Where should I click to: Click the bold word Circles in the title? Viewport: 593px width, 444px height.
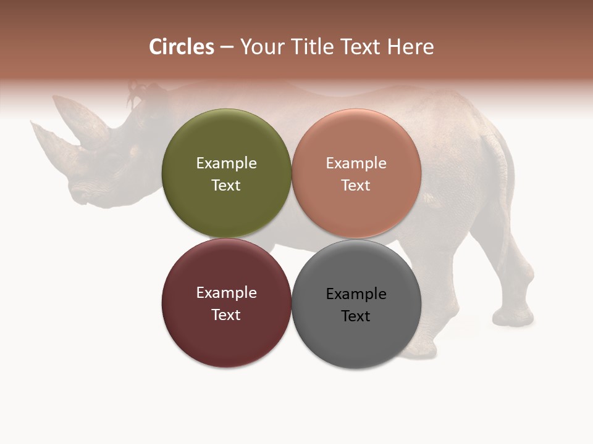click(181, 47)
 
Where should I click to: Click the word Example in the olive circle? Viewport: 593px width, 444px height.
click(226, 163)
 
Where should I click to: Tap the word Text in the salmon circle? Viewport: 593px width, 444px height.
click(356, 185)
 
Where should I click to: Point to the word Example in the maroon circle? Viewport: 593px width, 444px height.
click(226, 292)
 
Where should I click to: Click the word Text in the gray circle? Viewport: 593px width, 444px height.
click(356, 316)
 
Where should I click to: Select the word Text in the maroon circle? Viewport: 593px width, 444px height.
click(226, 314)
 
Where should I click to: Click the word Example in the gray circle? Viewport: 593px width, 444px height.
click(356, 294)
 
